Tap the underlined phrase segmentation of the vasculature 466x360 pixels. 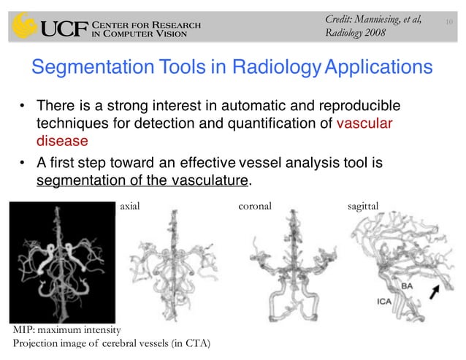pos(138,180)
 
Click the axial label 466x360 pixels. pos(129,207)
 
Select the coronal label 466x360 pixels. pos(254,207)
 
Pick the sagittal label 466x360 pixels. pos(364,207)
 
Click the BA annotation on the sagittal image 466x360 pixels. pos(406,287)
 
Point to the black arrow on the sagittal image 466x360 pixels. pos(439,293)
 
